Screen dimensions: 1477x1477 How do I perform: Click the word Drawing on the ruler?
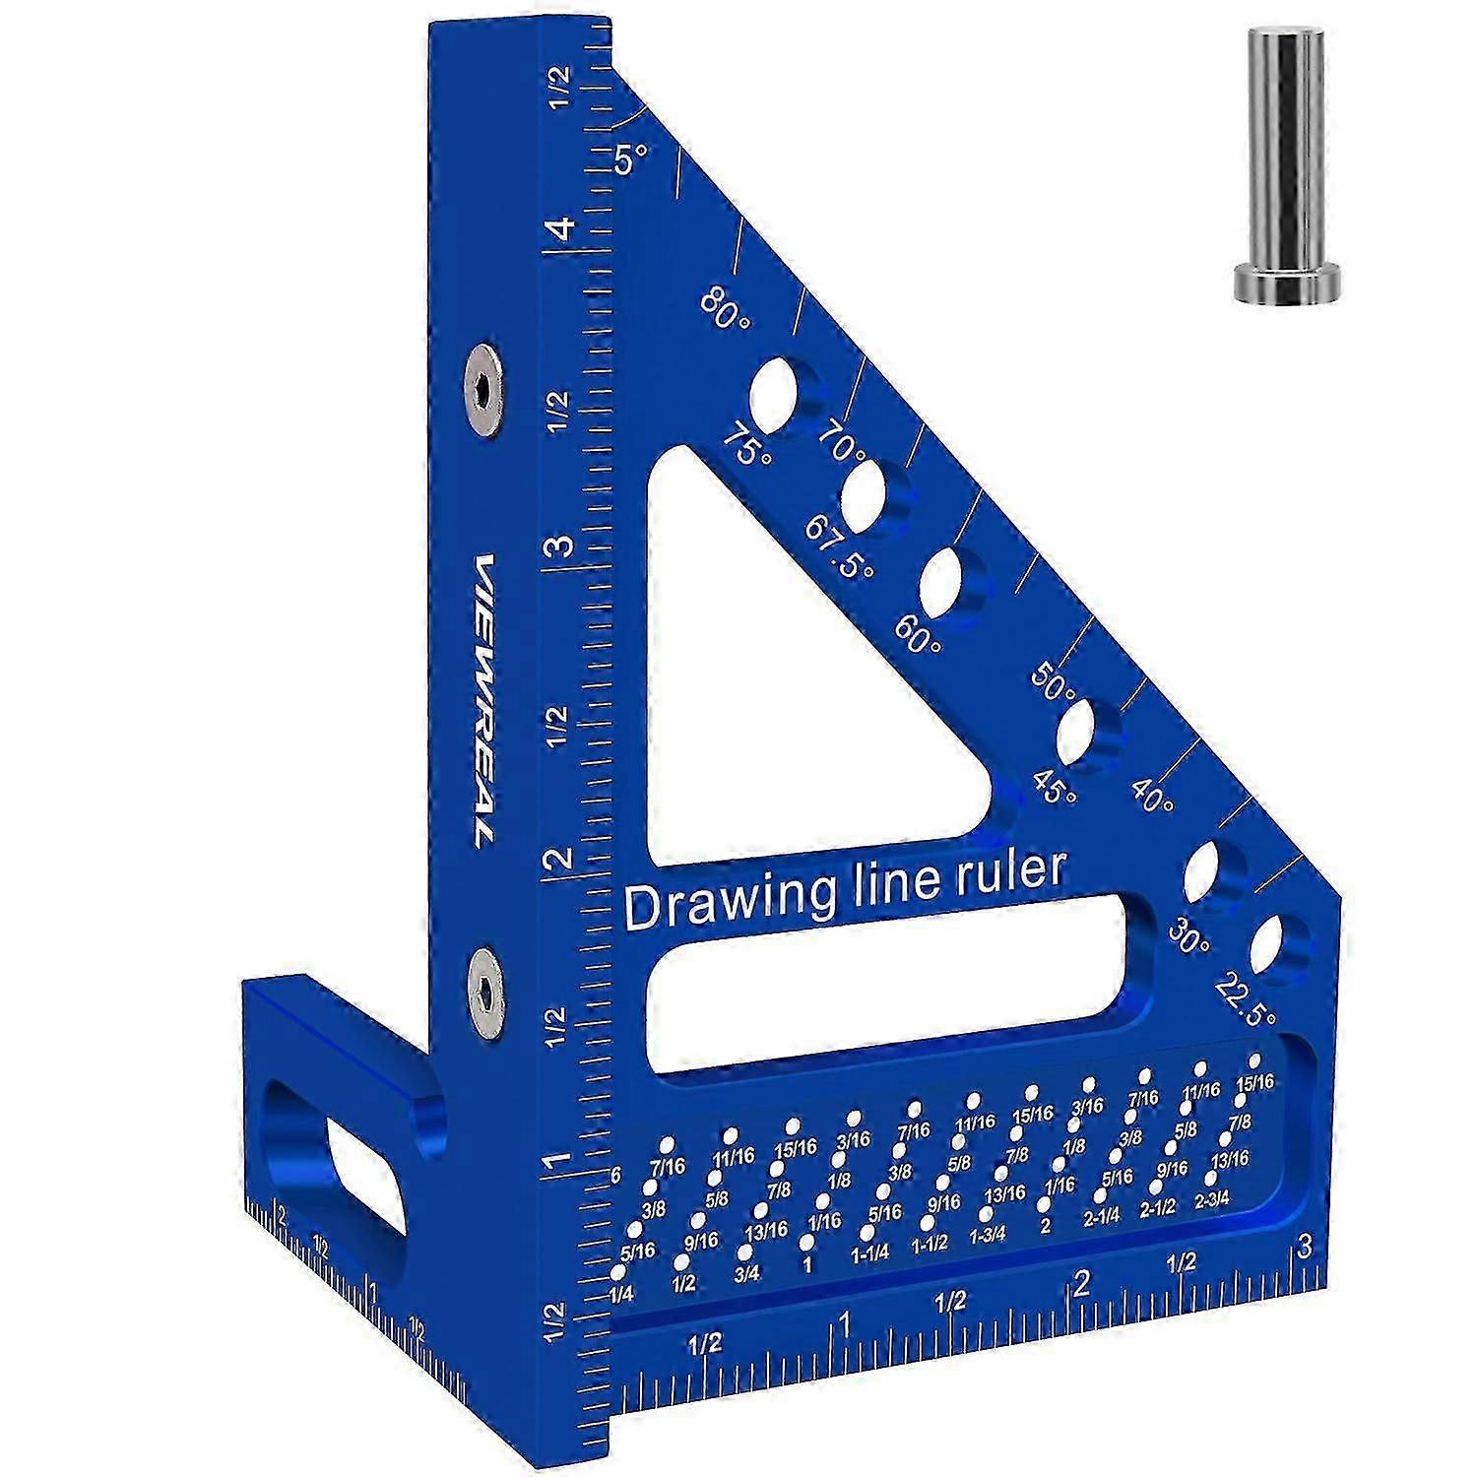(730, 900)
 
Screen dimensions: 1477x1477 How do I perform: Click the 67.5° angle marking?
(839, 547)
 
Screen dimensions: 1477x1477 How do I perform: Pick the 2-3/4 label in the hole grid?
(1212, 1201)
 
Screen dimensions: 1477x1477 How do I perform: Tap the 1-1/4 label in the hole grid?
(870, 1253)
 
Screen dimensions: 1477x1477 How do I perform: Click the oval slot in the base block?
(340, 1162)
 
